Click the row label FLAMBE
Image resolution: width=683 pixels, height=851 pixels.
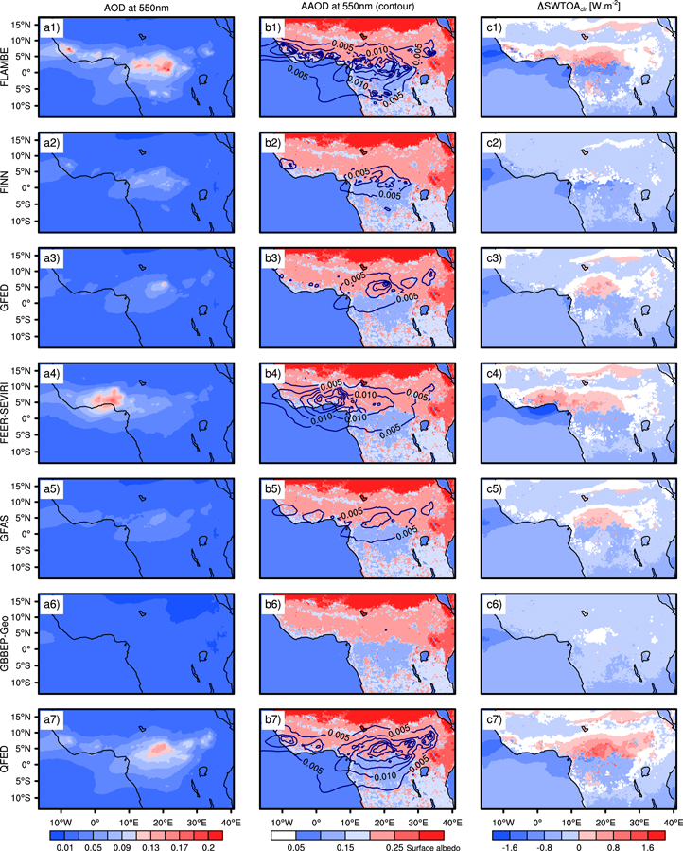(x=9, y=71)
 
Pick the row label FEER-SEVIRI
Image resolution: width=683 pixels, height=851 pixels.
(x=9, y=417)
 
